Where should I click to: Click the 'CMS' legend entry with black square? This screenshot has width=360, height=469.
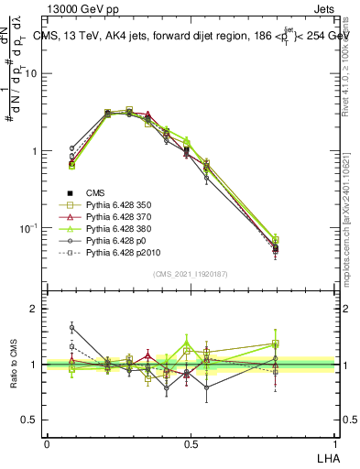(95, 192)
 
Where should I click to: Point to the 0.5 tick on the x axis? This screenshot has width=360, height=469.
(190, 443)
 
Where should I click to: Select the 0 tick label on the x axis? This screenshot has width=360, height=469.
(47, 443)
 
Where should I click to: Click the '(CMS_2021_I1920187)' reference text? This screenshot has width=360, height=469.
(190, 275)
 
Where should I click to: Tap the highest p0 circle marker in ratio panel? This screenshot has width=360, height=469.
(71, 326)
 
